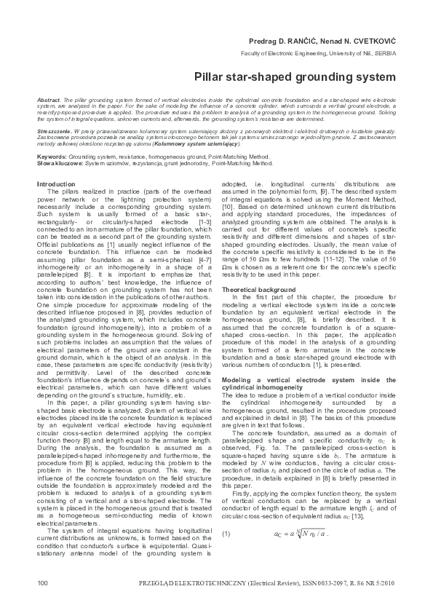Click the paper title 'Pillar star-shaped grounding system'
pos(295,76)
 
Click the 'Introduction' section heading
pos(56,184)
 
